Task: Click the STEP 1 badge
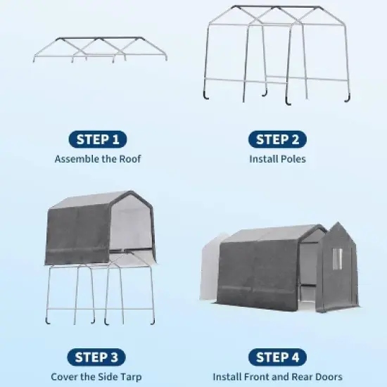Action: pyautogui.click(x=98, y=139)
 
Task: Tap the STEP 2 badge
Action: pyautogui.click(x=277, y=139)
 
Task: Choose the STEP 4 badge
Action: pyautogui.click(x=277, y=357)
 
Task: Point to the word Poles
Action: pyautogui.click(x=292, y=159)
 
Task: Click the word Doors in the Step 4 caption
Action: pyautogui.click(x=328, y=377)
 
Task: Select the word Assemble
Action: pyautogui.click(x=77, y=159)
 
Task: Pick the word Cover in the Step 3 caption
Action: pyautogui.click(x=64, y=377)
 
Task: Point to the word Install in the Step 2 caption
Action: pyautogui.click(x=262, y=159)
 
